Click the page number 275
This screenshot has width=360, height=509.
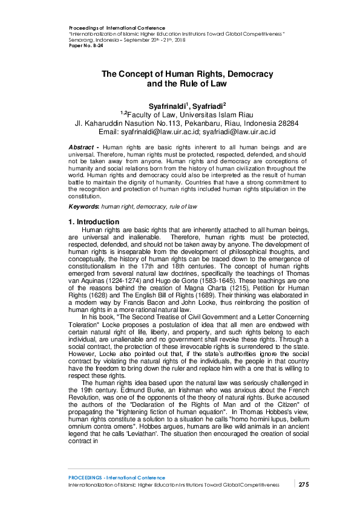(304, 484)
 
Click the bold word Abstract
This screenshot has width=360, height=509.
(80, 148)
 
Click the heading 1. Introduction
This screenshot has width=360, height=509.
(94, 222)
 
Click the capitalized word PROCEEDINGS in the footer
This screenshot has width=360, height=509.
(88, 478)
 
